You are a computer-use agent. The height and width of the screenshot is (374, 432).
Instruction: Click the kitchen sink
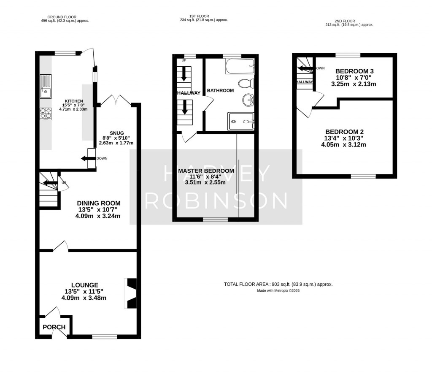coord(46,86)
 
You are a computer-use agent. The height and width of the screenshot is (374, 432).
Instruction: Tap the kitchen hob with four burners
coord(46,114)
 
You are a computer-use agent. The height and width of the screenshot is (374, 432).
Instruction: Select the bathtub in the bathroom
coord(240,67)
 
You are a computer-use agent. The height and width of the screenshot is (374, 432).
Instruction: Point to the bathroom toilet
coord(246,83)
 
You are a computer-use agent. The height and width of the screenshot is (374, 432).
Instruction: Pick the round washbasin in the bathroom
coord(248,100)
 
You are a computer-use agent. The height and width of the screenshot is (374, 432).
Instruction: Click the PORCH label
coord(54,327)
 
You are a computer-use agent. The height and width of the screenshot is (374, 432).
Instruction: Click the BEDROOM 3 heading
coord(354,71)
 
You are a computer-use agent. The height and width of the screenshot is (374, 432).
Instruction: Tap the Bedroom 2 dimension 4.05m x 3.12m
coord(343,144)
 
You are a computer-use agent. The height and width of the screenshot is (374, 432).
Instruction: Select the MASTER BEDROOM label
coord(205,171)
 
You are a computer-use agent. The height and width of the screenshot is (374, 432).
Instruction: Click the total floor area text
coord(278,285)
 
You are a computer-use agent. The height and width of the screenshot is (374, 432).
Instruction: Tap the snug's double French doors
coord(116,100)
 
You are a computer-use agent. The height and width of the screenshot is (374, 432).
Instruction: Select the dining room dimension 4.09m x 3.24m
coord(98,216)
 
